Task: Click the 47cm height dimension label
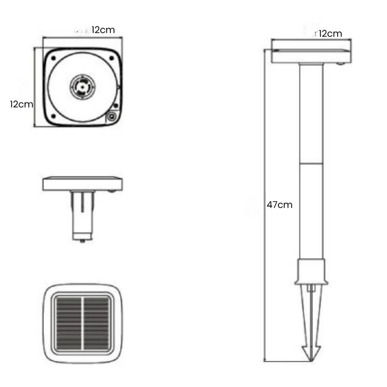(x=280, y=205)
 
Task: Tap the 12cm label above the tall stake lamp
(x=330, y=33)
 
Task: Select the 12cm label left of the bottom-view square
(x=21, y=104)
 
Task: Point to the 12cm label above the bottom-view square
(x=103, y=30)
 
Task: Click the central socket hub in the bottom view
(x=82, y=87)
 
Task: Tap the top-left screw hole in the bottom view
(x=53, y=59)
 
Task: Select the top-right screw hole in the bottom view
(x=112, y=58)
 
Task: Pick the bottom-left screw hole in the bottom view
(x=53, y=116)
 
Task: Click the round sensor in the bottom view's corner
(x=112, y=116)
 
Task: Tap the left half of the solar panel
(x=69, y=324)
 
